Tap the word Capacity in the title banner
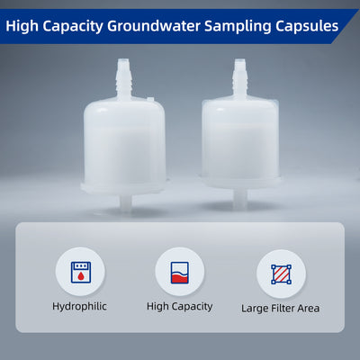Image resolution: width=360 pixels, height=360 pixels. coord(79,26)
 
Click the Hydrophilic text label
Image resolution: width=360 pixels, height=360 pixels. coord(79,306)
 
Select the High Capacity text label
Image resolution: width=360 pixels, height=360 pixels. coord(179,306)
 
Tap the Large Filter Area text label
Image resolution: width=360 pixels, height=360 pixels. coord(280,308)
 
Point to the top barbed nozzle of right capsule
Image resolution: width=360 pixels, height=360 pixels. coord(240,76)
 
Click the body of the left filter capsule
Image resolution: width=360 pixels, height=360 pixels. coord(123,144)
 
